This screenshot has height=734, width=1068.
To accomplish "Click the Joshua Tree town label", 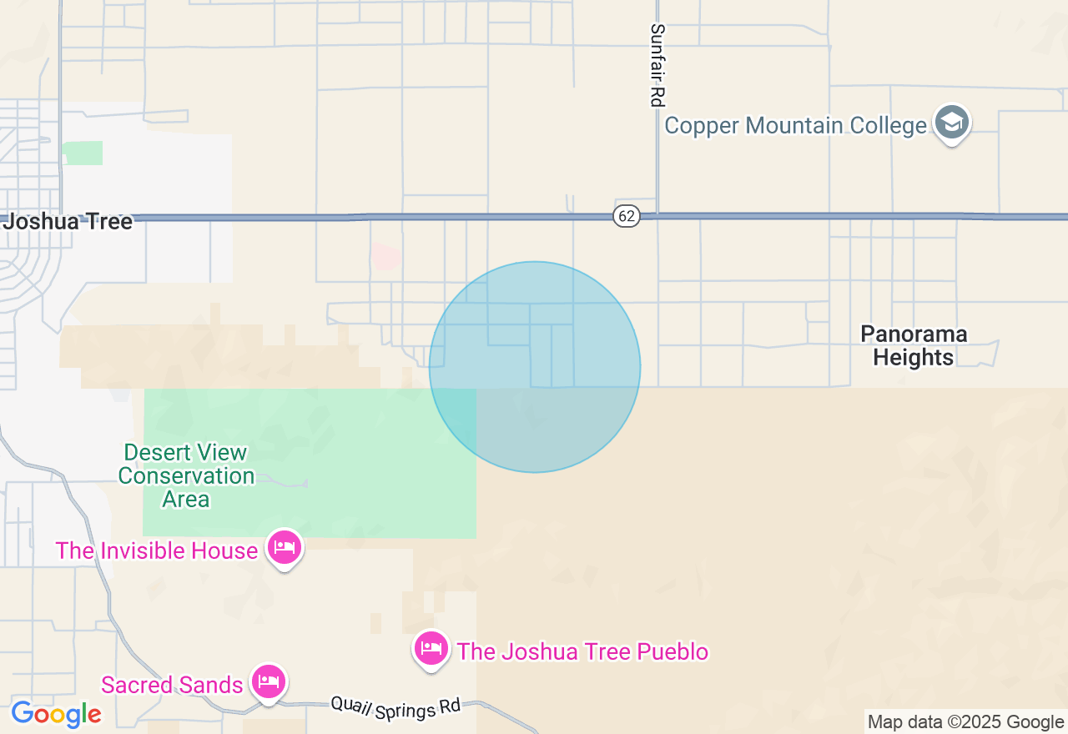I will click(68, 222).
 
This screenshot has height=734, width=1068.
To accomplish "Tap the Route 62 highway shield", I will click(627, 217).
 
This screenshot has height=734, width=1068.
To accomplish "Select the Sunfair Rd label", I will click(657, 64).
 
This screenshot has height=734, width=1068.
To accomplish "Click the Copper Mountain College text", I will click(795, 126).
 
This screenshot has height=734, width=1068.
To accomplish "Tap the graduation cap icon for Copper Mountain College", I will click(951, 123).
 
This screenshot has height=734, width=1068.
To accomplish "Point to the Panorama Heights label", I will click(914, 345).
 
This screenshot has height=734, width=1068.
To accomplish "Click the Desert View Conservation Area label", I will click(186, 476).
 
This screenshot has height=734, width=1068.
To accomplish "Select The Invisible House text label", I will click(156, 551).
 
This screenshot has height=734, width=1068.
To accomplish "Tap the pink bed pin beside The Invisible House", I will click(285, 547).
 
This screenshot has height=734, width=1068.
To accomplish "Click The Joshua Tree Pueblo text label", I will click(582, 651).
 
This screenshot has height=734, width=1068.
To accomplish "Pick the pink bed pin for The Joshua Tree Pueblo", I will click(431, 647).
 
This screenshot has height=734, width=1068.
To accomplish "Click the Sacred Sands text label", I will click(172, 686).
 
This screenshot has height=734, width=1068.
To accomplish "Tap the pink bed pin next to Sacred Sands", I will click(268, 681).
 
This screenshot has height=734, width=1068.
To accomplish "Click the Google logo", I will click(56, 715).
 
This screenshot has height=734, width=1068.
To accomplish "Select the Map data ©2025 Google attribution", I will click(965, 722).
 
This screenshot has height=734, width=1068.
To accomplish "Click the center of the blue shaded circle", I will click(535, 367).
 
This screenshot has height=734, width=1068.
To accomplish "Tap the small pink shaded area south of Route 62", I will click(385, 256).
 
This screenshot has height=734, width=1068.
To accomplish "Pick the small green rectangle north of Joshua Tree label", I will click(83, 153).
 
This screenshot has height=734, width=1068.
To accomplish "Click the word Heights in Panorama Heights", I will click(914, 358).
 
